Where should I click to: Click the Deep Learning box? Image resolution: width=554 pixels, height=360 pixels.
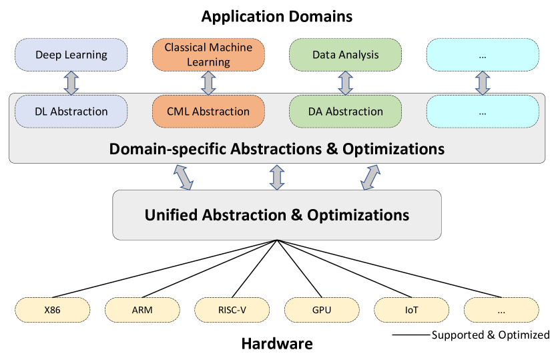[x=71, y=55]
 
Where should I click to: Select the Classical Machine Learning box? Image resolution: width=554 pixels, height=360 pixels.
[x=208, y=55]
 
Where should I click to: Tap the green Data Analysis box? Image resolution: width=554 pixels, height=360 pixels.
[x=345, y=55]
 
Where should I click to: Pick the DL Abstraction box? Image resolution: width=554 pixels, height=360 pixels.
[x=71, y=112]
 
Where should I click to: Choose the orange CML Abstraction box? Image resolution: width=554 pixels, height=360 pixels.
[x=208, y=112]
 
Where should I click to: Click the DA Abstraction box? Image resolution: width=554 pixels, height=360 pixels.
[x=345, y=112]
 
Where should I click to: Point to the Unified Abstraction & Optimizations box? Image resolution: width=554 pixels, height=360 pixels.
[x=276, y=215]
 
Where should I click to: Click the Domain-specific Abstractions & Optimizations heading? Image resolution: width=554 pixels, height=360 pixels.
[x=276, y=148]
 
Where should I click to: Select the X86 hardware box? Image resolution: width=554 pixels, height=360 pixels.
[x=53, y=310]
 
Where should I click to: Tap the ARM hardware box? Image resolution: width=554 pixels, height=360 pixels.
[x=142, y=310]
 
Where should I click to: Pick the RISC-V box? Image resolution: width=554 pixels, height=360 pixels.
[x=232, y=310]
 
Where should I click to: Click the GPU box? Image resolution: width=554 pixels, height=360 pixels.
[x=321, y=310]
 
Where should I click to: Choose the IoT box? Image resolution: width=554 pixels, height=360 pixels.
[x=410, y=310]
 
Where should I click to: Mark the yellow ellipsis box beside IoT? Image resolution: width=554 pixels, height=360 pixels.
[x=501, y=310]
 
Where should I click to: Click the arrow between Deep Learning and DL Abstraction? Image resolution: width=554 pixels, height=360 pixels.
[x=71, y=83]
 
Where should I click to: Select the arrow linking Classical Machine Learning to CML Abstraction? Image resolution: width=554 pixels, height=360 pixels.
[x=208, y=83]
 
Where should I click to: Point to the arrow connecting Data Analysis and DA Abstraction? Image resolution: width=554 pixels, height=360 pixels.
[x=345, y=83]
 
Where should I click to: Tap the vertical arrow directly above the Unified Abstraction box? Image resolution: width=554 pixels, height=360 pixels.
[x=276, y=177]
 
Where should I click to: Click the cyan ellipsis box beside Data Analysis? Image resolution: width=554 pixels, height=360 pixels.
[x=483, y=55]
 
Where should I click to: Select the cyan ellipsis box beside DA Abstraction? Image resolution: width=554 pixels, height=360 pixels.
[x=483, y=112]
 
